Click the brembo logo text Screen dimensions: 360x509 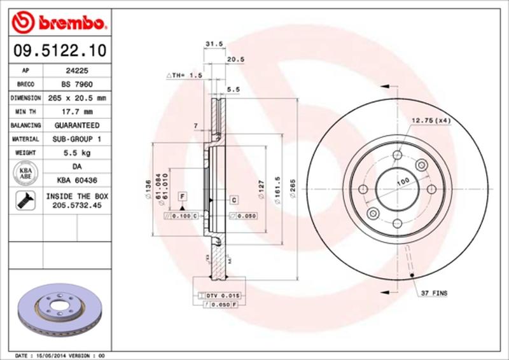pos(67,24)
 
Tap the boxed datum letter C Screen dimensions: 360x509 pos(234,201)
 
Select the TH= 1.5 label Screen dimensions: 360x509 pos(185,76)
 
